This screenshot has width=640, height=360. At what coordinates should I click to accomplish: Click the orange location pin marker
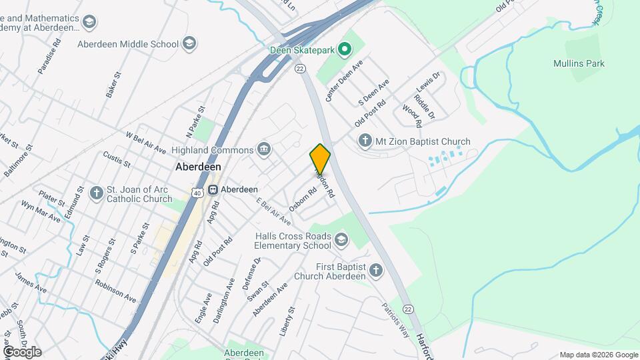point(320,159)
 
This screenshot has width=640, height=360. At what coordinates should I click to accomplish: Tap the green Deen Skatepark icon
point(344,49)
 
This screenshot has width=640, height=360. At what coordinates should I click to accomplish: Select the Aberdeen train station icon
point(213,189)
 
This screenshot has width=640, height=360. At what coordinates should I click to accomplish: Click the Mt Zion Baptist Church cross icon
point(364,141)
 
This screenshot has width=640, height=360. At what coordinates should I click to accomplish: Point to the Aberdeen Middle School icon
point(189,44)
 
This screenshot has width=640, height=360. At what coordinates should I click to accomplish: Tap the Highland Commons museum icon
point(264,149)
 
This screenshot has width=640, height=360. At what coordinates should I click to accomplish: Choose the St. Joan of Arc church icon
point(97,193)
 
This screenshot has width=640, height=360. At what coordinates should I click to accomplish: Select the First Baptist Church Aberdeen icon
point(376,271)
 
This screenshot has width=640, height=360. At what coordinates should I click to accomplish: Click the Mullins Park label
point(579,64)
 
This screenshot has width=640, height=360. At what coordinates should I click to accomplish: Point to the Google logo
point(21,351)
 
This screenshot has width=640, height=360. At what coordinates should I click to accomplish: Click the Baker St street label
point(112,86)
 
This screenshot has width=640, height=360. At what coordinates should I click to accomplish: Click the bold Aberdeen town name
point(198,167)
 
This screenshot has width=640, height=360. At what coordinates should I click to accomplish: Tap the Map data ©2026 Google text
point(599,355)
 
